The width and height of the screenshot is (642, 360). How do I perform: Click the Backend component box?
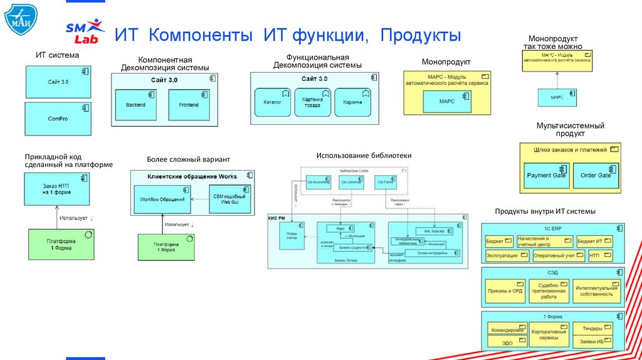pos(135,105)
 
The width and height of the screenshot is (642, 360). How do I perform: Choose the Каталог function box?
pos(272,102)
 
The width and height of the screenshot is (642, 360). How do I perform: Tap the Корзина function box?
pos(352,102)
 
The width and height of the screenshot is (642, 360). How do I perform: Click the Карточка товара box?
pos(312,102)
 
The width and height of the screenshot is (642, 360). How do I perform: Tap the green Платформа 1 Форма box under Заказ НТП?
pos(61,245)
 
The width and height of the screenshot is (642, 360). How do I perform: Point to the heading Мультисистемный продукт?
pos(570,130)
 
